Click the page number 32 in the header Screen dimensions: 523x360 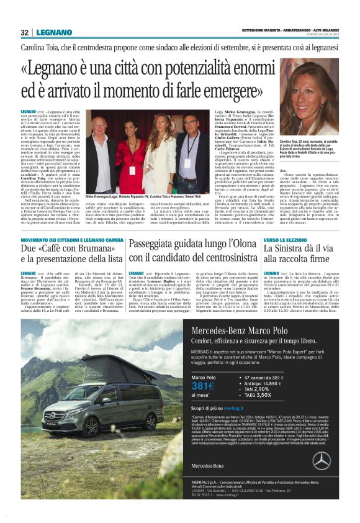[x=24, y=32]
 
